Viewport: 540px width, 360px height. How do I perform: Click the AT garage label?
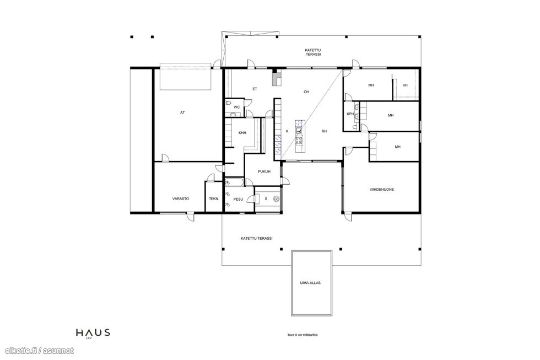point(182,112)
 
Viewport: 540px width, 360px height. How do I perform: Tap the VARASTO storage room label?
point(181,199)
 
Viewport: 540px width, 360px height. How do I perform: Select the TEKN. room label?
point(214,199)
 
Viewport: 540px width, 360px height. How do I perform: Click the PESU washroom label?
point(238,199)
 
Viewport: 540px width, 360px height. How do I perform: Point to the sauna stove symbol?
point(276,199)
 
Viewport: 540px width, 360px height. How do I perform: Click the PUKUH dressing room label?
point(264,171)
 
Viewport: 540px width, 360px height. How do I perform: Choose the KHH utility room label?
point(242,133)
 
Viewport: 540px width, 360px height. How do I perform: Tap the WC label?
point(236,107)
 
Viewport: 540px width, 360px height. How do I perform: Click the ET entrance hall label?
point(255,89)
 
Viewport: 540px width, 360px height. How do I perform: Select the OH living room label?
point(306,92)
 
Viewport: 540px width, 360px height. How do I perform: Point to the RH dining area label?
point(324,131)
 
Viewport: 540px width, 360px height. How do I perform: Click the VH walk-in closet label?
point(405,85)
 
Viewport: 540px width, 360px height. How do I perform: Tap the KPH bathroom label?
point(350,114)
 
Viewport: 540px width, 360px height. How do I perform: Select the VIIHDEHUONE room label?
point(382,190)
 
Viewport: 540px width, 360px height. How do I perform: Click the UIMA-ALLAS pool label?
point(310,283)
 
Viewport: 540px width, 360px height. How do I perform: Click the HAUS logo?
point(93,333)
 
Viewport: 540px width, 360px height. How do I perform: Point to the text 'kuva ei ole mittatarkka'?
point(303,335)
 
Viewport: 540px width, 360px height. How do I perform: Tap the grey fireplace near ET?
point(277,78)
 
